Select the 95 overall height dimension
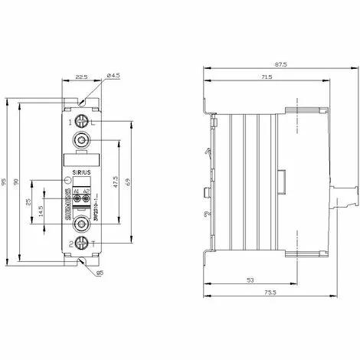tap(6, 182)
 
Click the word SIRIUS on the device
tap(80, 173)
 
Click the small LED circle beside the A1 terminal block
tap(67, 181)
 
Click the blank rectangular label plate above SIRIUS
tap(80, 161)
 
